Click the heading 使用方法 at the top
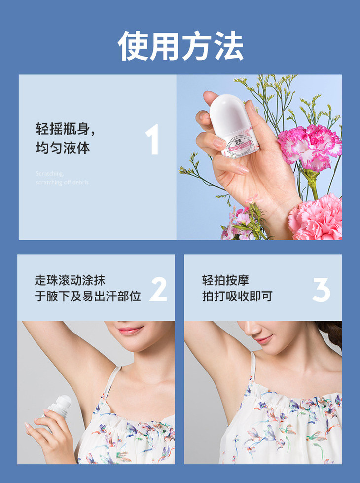[180, 46]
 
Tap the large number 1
[153, 140]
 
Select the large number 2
[158, 290]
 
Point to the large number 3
[321, 290]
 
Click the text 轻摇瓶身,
[65, 129]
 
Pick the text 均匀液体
[63, 148]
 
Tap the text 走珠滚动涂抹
[70, 280]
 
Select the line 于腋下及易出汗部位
[88, 296]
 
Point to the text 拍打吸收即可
[237, 296]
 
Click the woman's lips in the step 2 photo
[129, 330]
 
